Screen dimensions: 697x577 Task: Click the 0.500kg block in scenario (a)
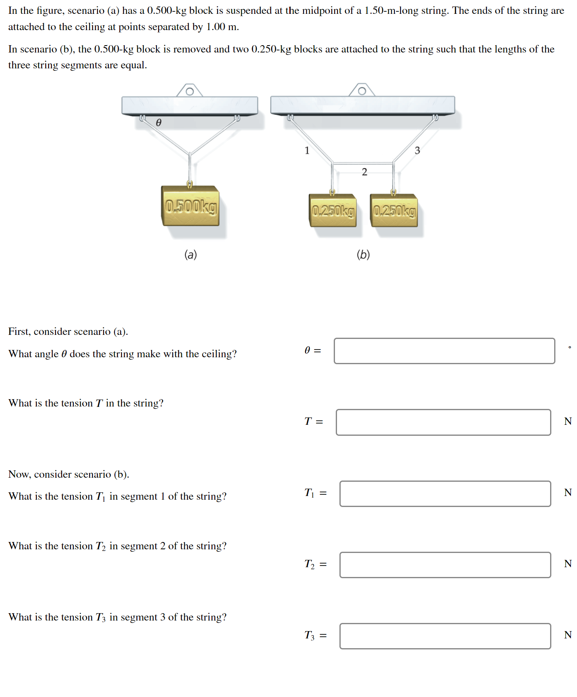click(190, 206)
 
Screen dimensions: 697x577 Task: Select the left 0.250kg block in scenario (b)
click(333, 211)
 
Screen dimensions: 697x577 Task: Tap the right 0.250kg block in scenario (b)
click(394, 211)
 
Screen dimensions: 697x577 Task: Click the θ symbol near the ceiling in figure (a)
click(159, 122)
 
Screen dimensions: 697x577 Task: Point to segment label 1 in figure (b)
click(307, 151)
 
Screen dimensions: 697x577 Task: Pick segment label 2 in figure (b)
click(364, 172)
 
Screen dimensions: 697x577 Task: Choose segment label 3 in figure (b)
click(417, 151)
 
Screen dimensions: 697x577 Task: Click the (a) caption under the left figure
click(190, 255)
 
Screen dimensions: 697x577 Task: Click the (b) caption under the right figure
click(363, 255)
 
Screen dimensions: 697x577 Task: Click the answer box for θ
click(444, 351)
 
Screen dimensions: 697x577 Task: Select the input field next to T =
click(443, 422)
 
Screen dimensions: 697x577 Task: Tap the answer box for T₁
click(445, 494)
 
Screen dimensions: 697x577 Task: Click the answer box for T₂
click(445, 565)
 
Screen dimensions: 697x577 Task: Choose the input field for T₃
click(445, 636)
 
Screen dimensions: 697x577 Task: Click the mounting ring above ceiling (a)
click(189, 92)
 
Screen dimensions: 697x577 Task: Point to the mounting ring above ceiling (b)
click(362, 91)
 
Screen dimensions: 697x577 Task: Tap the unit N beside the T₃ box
click(568, 635)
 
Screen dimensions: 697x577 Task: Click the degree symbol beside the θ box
click(570, 347)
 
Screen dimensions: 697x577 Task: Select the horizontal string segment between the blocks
click(363, 163)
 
